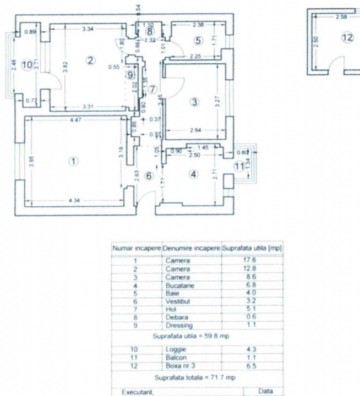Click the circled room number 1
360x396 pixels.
[x=73, y=161]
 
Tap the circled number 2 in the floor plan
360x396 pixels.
[x=91, y=61]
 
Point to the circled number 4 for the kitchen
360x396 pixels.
[x=193, y=174]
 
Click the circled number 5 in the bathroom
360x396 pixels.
[x=198, y=40]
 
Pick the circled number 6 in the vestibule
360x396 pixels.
[x=148, y=175]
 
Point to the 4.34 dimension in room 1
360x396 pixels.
[x=74, y=201]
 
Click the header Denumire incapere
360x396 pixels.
[x=192, y=249]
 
